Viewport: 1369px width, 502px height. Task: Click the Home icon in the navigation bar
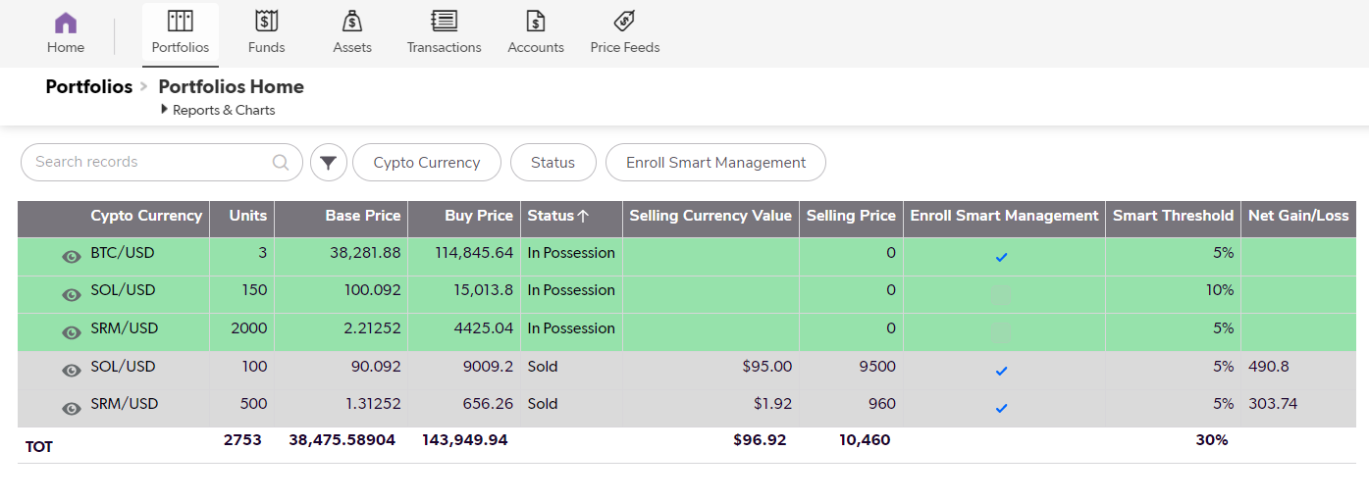tap(66, 23)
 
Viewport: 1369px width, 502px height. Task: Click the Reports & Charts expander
tap(217, 110)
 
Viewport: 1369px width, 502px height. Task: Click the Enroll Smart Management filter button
tap(715, 163)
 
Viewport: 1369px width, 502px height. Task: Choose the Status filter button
tap(553, 163)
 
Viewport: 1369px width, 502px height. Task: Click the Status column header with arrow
tap(558, 216)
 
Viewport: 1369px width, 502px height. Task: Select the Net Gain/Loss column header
tap(1297, 216)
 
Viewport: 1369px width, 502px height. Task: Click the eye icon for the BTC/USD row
tap(72, 256)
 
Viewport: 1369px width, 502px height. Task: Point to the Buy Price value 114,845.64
tap(474, 253)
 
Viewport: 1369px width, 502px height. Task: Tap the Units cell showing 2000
tap(248, 328)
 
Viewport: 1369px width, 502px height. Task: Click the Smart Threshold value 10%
tap(1220, 290)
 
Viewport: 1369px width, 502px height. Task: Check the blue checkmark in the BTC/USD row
tap(1001, 257)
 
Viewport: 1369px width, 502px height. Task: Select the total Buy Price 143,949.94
tap(464, 440)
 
